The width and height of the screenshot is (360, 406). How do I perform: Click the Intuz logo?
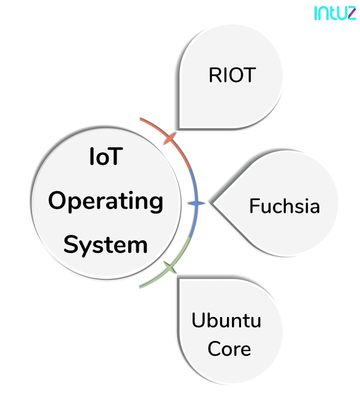coord(335,13)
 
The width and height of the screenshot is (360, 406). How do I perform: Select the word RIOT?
coord(232,75)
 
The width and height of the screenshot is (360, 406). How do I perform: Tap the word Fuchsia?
coord(284,206)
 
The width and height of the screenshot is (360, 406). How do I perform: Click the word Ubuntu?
coord(226,320)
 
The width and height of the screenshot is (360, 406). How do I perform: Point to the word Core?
coord(229,349)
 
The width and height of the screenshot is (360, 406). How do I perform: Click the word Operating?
coord(106,201)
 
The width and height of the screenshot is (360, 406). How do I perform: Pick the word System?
coord(105,245)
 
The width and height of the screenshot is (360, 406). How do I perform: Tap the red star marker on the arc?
coord(170,138)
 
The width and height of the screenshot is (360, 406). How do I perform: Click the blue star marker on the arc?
coord(196,203)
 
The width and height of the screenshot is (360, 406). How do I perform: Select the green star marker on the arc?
coord(170,268)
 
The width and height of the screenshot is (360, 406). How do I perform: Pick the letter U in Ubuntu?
coord(198,320)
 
